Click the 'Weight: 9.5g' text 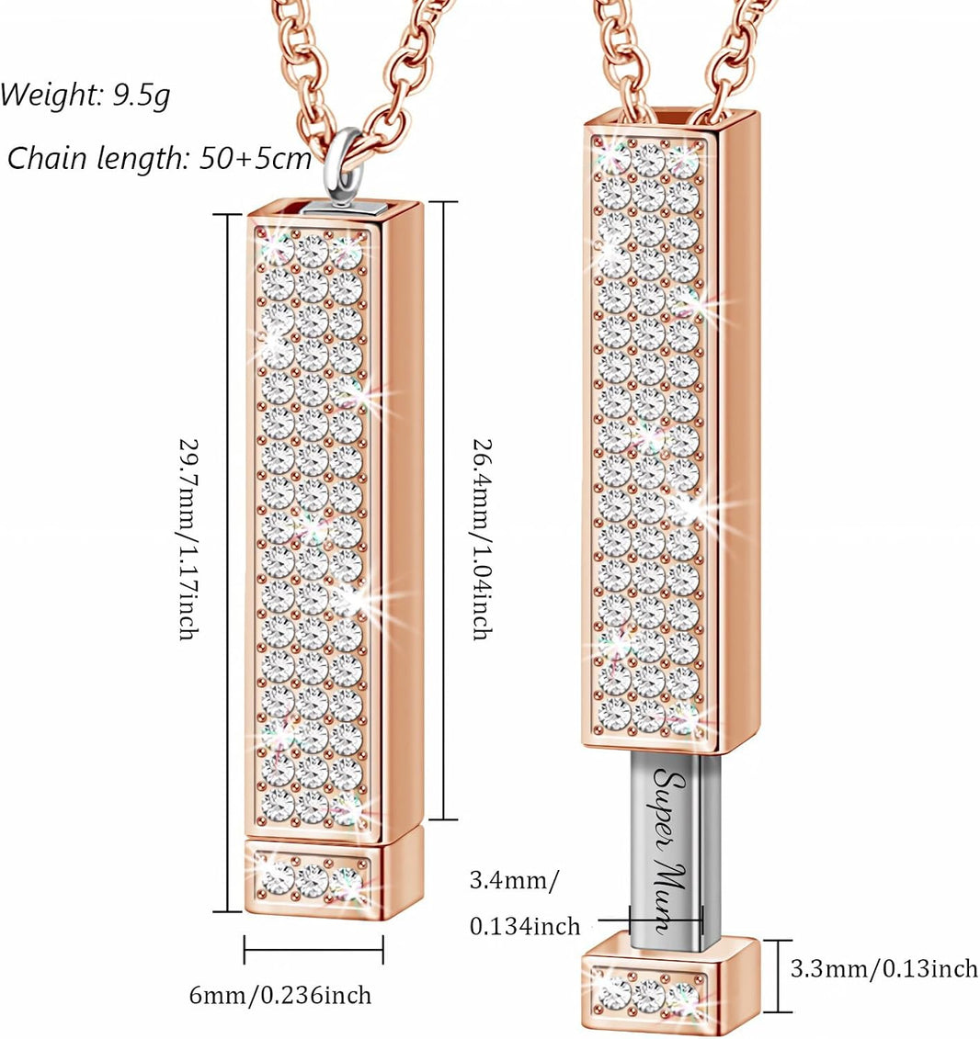(x=85, y=95)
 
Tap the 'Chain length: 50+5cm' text (x=159, y=158)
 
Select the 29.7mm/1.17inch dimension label (x=189, y=538)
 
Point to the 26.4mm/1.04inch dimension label (x=482, y=538)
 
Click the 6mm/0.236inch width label (x=280, y=995)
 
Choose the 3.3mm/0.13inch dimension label (x=883, y=969)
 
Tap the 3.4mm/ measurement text (x=514, y=881)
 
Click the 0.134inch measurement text (x=525, y=926)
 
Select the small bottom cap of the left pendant (x=325, y=878)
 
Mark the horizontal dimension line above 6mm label (x=313, y=950)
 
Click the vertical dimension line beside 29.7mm (x=228, y=562)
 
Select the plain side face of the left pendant (x=402, y=524)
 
